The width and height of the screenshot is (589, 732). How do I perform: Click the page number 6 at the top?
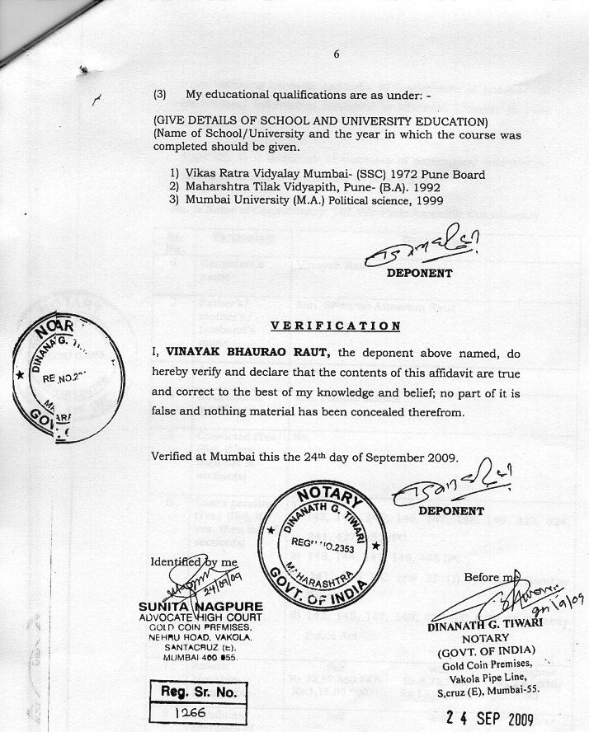pos(337,54)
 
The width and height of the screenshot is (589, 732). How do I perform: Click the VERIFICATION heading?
pos(336,326)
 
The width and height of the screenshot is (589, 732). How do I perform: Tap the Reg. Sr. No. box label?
pos(199,692)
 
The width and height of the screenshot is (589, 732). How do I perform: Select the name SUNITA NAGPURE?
pos(200,607)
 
